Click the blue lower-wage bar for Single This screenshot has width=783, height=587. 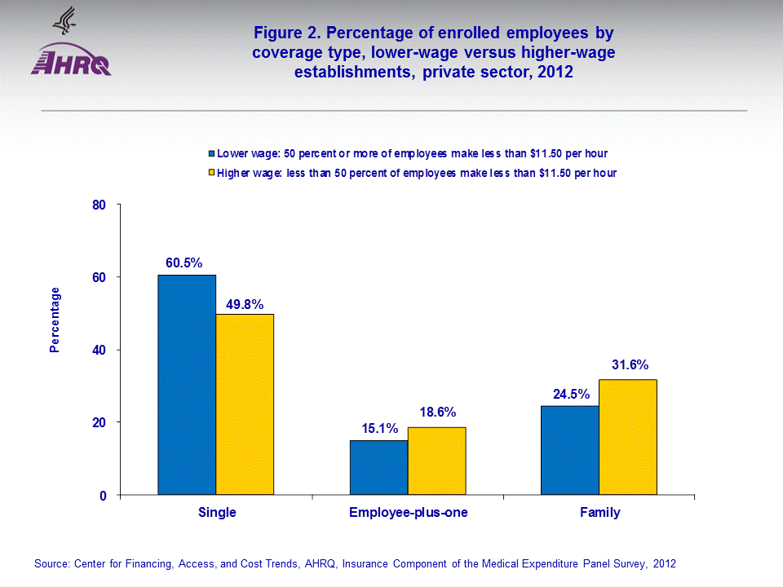tap(187, 385)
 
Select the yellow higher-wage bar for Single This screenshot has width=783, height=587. tap(245, 404)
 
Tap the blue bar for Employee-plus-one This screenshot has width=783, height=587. tap(378, 467)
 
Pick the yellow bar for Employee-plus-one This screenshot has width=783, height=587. tap(436, 461)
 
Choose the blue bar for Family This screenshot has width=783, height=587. tap(569, 450)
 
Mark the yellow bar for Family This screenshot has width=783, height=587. tap(627, 437)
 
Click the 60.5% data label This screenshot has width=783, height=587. tap(184, 263)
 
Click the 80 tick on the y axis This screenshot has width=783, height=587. tap(99, 205)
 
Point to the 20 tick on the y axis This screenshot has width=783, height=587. tap(99, 422)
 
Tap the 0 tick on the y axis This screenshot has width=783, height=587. tap(103, 495)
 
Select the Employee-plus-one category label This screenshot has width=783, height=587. tap(408, 513)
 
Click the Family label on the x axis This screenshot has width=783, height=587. tap(599, 513)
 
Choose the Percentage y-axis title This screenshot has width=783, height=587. tap(55, 320)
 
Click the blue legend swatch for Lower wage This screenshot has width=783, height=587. tap(211, 153)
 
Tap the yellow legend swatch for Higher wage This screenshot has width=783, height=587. tap(211, 173)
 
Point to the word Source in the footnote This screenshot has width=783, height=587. tap(51, 563)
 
